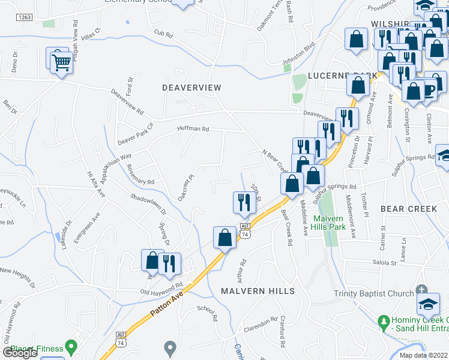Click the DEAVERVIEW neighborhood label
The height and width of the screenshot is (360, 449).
(191, 88)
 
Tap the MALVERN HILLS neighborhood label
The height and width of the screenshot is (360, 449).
(258, 291)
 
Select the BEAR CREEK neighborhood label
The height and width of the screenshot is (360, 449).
(409, 209)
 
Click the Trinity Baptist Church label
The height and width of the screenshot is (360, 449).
(373, 293)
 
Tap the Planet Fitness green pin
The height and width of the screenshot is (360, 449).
(71, 346)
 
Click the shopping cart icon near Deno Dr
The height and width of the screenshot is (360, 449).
(61, 63)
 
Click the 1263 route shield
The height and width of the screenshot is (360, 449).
(24, 17)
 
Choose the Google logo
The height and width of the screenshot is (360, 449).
(20, 353)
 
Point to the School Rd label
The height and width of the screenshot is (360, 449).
(206, 313)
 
